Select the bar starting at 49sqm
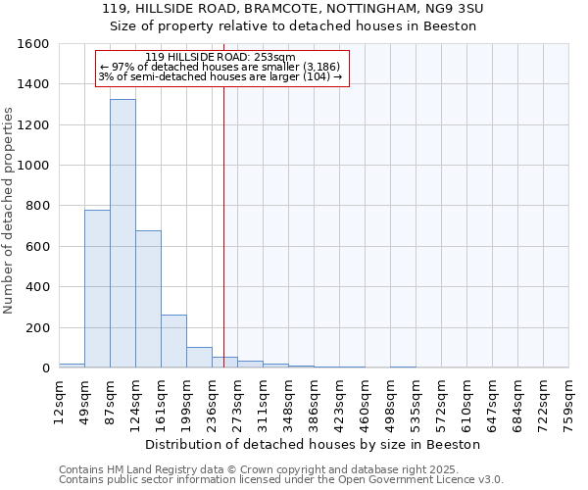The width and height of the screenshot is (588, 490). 97,289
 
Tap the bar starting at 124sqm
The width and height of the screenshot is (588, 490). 148,299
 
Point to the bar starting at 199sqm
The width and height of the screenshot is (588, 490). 199,358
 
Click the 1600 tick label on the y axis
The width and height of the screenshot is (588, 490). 33,44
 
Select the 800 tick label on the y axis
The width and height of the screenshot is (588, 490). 37,206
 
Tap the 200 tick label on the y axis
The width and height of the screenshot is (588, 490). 37,327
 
